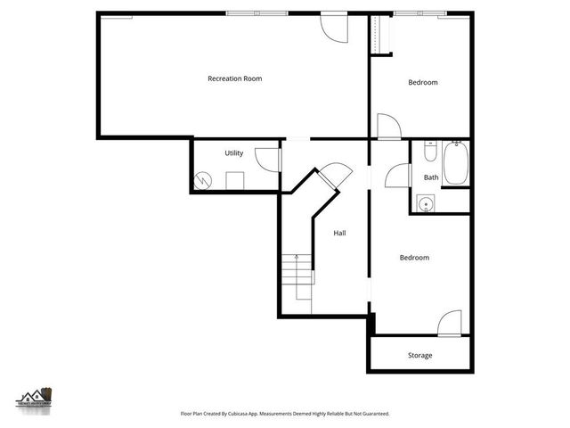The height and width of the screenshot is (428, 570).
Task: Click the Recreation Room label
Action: [x=234, y=79]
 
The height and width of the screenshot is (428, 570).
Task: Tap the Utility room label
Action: [x=234, y=153]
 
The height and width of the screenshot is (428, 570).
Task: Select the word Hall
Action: [x=339, y=234]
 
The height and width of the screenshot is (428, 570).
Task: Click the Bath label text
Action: [x=431, y=177]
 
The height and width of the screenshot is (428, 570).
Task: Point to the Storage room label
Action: [x=419, y=356]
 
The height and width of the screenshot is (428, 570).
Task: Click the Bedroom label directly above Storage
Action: [x=414, y=258]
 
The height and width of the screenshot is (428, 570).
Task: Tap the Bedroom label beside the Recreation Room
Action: [x=423, y=83]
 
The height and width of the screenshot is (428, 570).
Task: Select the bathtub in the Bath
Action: [x=456, y=162]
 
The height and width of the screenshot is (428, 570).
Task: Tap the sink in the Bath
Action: [x=427, y=204]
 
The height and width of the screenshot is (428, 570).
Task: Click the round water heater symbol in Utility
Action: [x=204, y=180]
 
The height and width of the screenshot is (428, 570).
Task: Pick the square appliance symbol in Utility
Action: [x=235, y=180]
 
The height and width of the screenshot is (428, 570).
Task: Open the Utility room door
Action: [x=268, y=159]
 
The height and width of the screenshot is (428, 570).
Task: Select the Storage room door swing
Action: [x=452, y=321]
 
